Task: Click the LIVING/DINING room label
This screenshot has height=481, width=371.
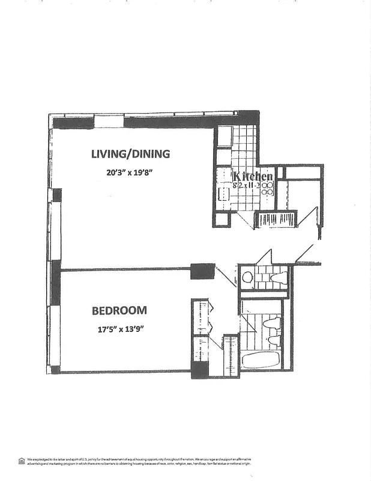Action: click(130, 153)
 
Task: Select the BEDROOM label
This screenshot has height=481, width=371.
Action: click(119, 311)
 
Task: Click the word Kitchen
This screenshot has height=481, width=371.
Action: click(253, 176)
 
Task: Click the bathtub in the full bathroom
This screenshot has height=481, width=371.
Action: click(261, 361)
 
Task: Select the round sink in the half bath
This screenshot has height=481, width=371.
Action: click(247, 278)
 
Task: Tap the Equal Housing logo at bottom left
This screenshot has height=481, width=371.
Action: click(22, 461)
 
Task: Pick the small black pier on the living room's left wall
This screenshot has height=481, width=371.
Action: click(57, 195)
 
